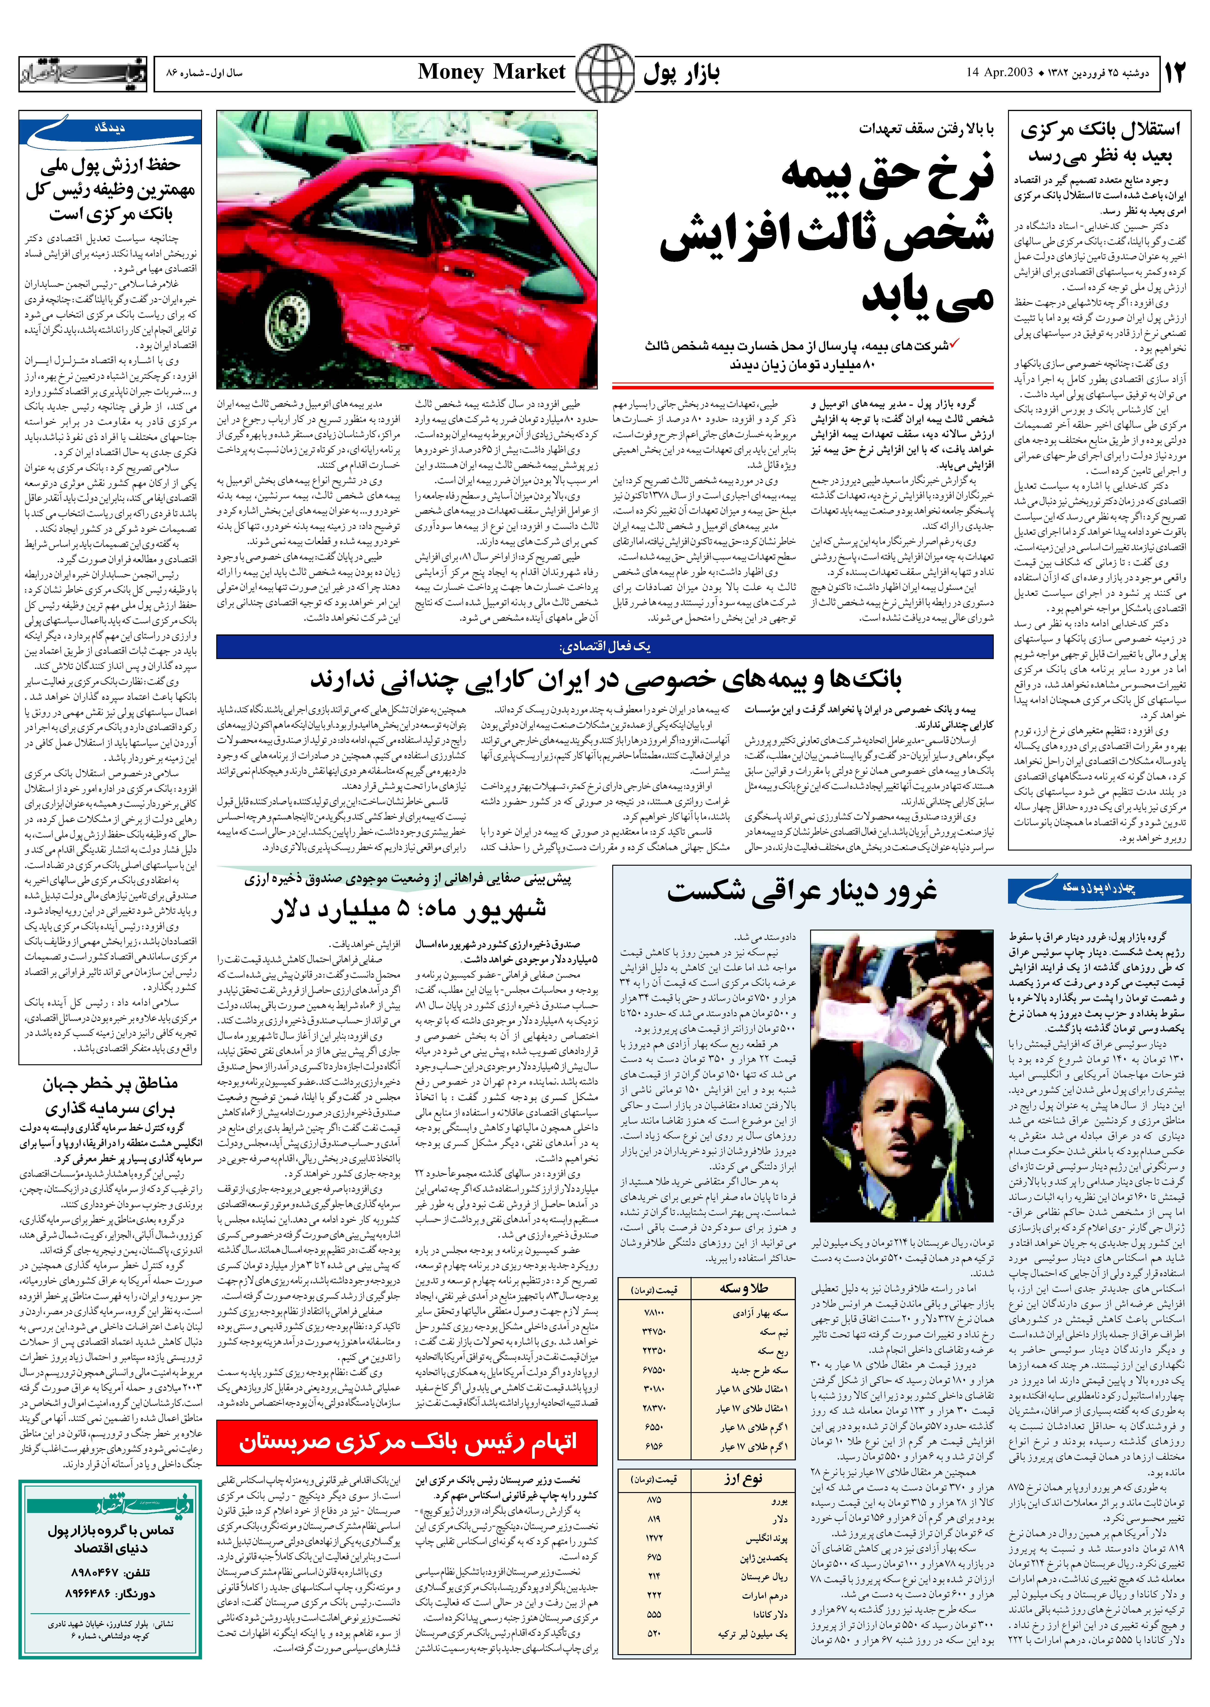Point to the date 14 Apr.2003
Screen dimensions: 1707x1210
(x=999, y=72)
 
